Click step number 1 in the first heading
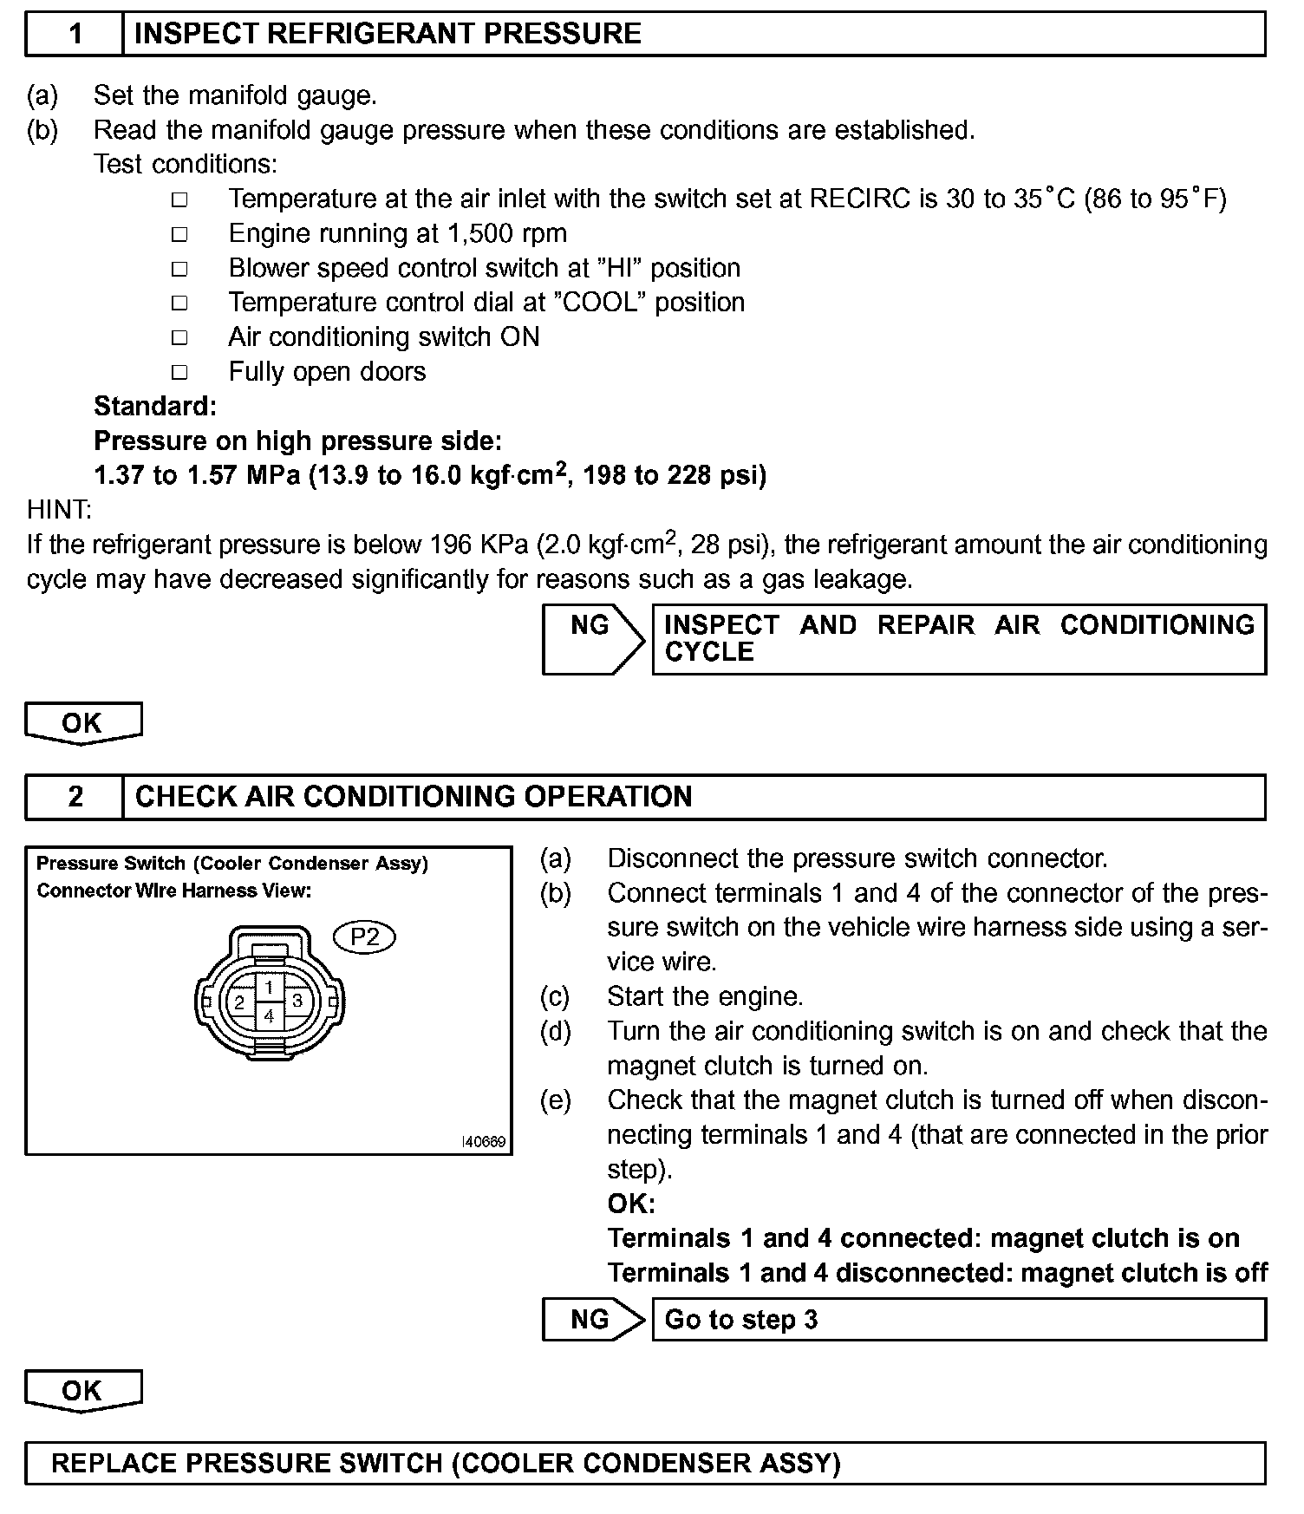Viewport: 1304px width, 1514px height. coord(75,34)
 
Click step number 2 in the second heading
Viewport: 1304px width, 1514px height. coord(75,796)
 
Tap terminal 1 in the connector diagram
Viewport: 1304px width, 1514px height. coord(270,988)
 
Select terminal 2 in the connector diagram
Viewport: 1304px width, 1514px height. coord(239,1002)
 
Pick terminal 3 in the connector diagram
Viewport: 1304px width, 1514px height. coord(297,1001)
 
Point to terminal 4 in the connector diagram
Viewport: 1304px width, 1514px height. coord(270,1015)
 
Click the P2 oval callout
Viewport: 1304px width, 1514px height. coord(365,936)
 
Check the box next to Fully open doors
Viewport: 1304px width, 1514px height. coord(179,372)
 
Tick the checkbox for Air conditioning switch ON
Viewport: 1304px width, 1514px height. coord(179,337)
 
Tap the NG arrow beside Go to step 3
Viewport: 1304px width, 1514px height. coord(593,1319)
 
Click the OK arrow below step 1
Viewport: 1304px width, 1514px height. coord(82,722)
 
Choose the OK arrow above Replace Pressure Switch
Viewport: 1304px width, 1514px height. coord(82,1390)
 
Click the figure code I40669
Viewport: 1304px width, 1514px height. coord(483,1141)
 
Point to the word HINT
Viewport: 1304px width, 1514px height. coord(59,510)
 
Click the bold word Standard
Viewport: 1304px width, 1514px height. coord(154,406)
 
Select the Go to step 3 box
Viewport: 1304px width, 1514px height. coord(958,1319)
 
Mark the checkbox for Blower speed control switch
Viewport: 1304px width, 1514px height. coord(179,269)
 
